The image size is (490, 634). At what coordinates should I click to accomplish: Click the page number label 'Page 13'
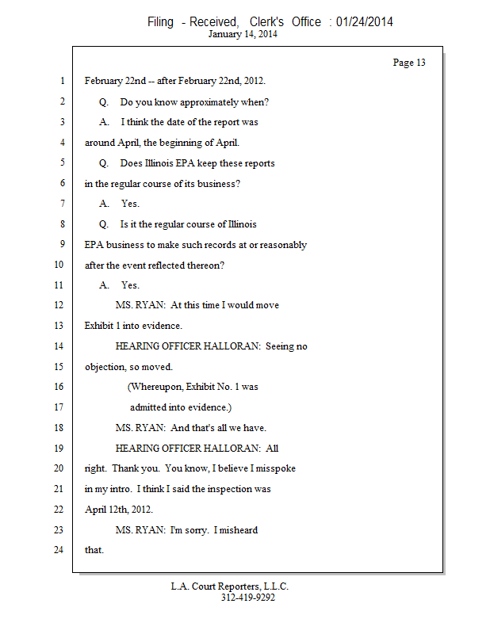pos(409,63)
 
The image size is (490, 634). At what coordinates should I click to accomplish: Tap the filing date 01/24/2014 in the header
pos(365,22)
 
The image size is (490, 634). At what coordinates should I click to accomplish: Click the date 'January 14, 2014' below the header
pos(243,34)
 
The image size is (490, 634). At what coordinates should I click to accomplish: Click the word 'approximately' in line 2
pos(209,101)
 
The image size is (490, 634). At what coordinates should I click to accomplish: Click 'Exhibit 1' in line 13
pos(104,326)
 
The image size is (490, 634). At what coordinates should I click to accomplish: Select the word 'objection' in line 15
pos(105,367)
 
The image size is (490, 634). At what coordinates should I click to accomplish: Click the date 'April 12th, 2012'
pos(119,510)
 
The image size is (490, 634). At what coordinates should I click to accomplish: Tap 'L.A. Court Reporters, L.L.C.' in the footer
pos(230,586)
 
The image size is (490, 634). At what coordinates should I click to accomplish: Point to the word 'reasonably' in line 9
pos(285,244)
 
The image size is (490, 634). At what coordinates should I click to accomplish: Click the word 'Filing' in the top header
pos(160,22)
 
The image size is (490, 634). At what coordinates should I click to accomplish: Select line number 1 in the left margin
pos(61,81)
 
